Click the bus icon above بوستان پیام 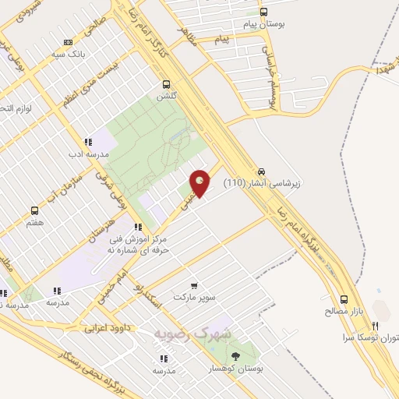click(264, 12)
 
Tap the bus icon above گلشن click(165, 84)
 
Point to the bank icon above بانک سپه click(68, 43)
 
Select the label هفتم click(34, 223)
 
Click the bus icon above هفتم click(34, 210)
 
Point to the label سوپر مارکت click(194, 298)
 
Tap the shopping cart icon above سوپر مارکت click(193, 286)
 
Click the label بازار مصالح click(344, 312)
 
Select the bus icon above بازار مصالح click(344, 298)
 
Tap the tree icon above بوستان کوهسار click(236, 355)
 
